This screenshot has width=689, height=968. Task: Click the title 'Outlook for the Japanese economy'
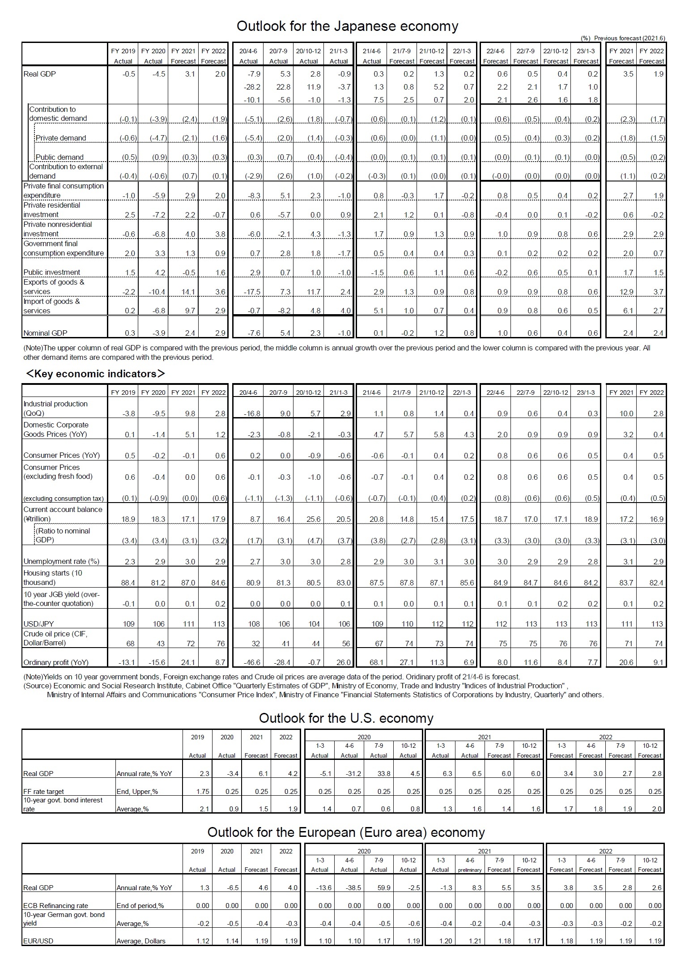tap(347, 26)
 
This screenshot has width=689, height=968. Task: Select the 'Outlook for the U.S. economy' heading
tap(346, 718)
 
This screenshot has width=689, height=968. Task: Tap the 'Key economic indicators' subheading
tap(95, 373)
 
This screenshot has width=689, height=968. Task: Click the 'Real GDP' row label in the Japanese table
tap(40, 74)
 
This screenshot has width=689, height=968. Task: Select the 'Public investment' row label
tap(52, 272)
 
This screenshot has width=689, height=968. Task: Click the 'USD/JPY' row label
tap(38, 624)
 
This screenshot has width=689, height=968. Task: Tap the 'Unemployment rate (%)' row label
tap(61, 561)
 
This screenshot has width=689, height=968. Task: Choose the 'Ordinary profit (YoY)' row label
tap(56, 662)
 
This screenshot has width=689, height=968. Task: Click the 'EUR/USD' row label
tap(38, 941)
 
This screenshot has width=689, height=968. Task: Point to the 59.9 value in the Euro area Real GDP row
tap(384, 887)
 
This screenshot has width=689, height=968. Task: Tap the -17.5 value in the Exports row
tap(253, 292)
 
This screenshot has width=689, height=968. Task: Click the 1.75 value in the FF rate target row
tap(202, 791)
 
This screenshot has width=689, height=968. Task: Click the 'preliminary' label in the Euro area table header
tap(470, 870)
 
